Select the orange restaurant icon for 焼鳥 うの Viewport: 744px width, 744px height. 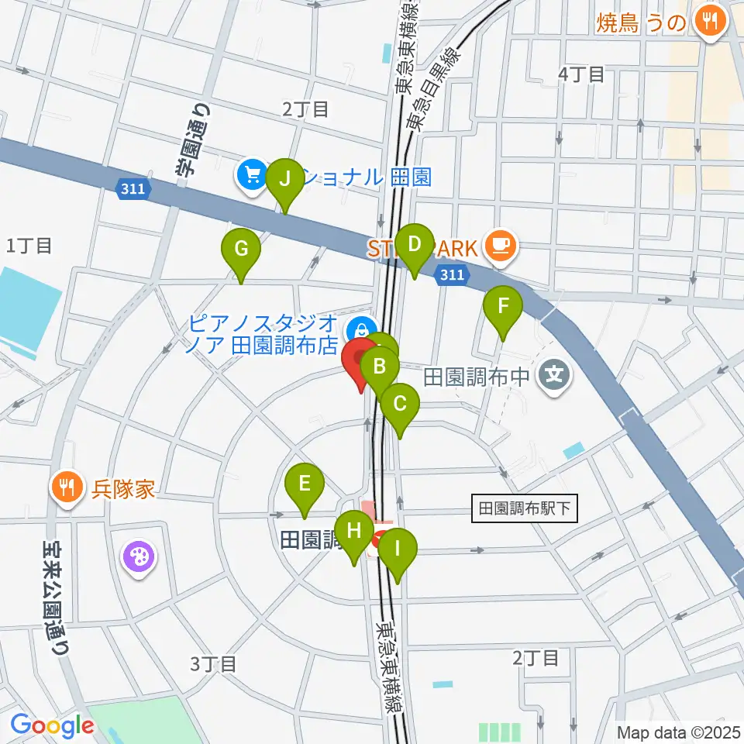[x=708, y=21]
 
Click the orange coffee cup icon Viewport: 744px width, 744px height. [x=497, y=246]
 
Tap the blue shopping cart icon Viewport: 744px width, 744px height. [x=252, y=175]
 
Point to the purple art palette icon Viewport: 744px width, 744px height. [x=139, y=556]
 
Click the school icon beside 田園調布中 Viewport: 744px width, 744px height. [x=555, y=377]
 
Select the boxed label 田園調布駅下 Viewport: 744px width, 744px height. [x=525, y=509]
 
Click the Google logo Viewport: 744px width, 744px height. [x=52, y=726]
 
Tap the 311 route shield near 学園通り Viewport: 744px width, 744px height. [x=136, y=189]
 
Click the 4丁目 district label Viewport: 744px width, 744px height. [x=581, y=74]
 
